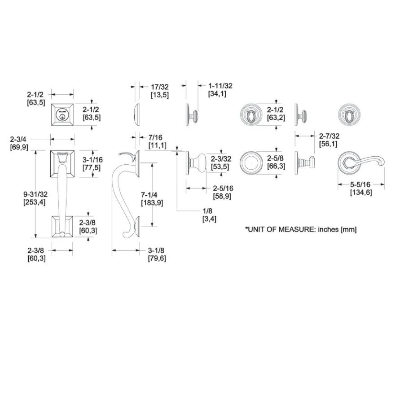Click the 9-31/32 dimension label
(35, 194)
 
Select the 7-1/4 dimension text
(149, 194)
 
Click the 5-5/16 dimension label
(360, 184)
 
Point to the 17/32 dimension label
(159, 87)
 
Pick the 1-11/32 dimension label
(220, 86)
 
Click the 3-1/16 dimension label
(92, 159)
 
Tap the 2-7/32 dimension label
(329, 136)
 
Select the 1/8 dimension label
(207, 211)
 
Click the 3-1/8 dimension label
(156, 250)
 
